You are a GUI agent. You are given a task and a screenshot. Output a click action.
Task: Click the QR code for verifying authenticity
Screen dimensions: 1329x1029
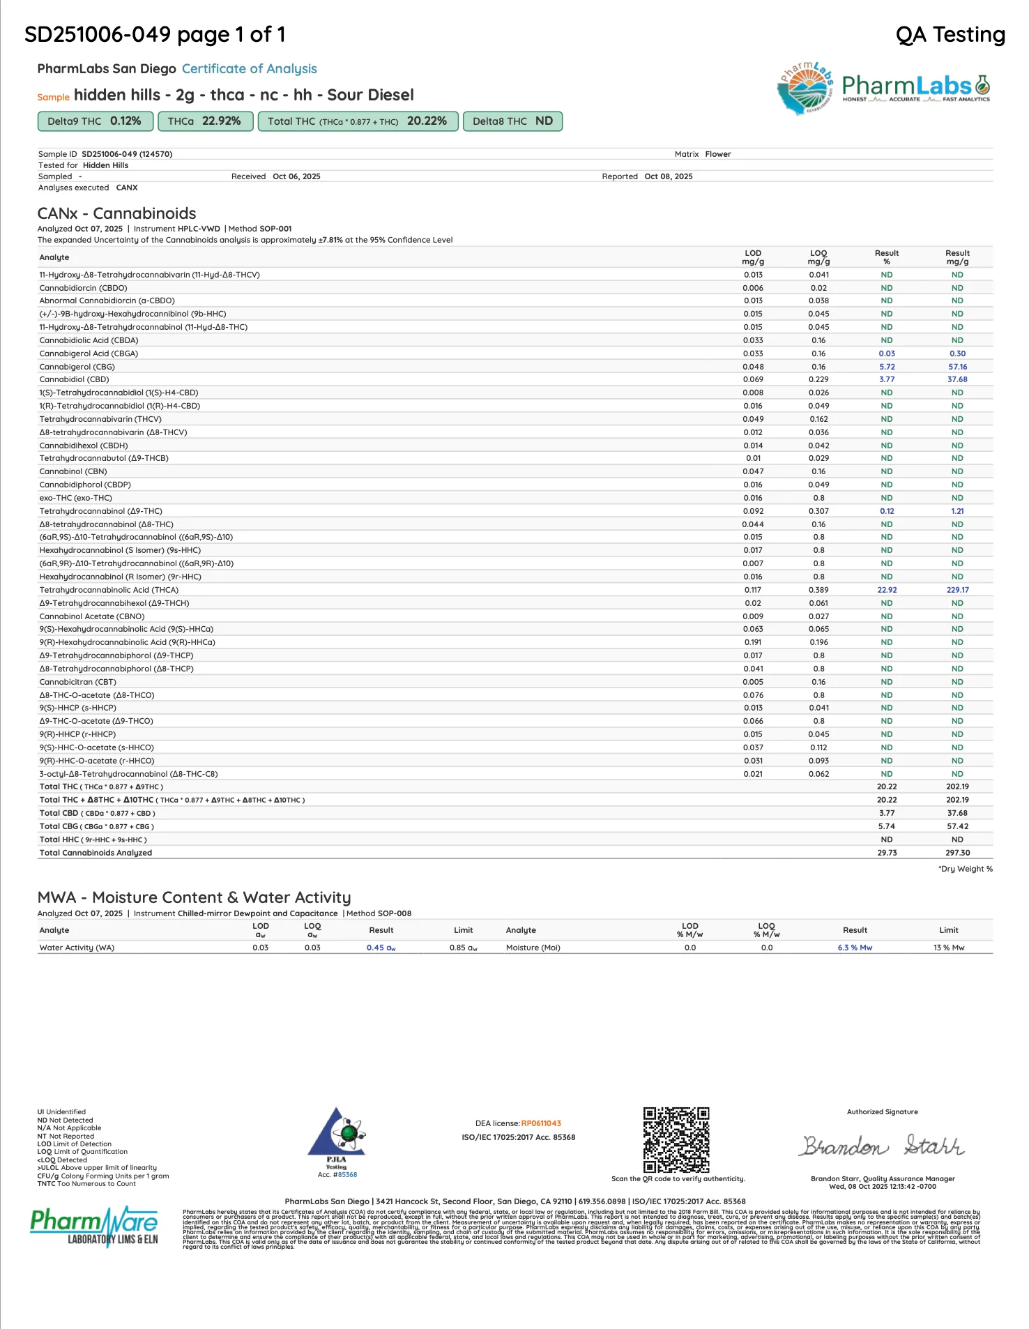click(676, 1139)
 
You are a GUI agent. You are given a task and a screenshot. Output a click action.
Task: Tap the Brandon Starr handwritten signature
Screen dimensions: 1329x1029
click(882, 1146)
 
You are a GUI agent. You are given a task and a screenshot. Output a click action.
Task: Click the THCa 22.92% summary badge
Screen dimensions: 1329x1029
click(204, 121)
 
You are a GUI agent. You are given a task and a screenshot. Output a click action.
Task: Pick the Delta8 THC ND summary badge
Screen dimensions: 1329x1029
click(512, 121)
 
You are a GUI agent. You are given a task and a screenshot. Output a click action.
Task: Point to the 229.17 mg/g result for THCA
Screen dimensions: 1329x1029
click(957, 590)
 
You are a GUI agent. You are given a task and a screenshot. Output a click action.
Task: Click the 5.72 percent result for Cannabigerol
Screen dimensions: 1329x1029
click(887, 367)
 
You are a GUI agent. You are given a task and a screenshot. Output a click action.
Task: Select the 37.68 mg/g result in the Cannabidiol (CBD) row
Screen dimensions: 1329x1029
click(957, 380)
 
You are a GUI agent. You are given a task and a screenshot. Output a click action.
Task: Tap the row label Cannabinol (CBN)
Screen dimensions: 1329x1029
click(73, 472)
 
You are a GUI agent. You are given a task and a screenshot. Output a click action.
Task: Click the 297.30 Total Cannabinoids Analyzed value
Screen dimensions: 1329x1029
click(957, 853)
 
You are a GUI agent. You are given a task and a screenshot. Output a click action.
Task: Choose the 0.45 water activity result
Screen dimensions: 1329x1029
click(381, 948)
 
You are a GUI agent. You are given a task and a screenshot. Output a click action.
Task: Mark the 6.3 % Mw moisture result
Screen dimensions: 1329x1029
click(855, 948)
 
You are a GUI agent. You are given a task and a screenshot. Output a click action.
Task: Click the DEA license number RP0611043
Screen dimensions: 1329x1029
click(541, 1123)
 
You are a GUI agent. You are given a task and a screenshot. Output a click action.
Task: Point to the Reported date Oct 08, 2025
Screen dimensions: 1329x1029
click(669, 177)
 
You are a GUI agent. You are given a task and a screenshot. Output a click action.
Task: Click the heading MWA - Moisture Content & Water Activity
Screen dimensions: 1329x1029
click(194, 898)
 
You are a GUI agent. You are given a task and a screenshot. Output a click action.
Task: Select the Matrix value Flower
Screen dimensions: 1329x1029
click(717, 155)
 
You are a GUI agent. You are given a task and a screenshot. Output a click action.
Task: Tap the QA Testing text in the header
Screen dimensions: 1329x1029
click(950, 35)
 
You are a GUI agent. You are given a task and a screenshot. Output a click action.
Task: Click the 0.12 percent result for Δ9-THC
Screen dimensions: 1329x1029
click(887, 511)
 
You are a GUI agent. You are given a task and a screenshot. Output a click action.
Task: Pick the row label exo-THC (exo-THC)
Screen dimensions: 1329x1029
click(75, 499)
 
